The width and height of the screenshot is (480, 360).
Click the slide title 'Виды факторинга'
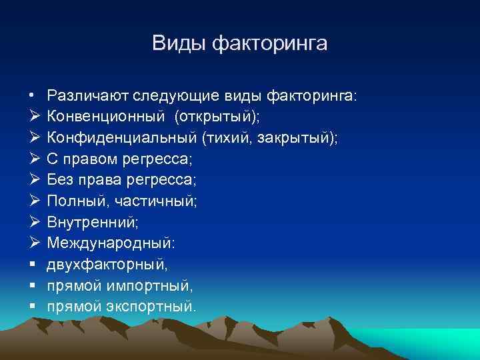pos(240,43)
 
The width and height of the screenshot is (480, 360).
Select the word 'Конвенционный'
pos(105,117)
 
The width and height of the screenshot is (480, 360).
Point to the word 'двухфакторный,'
pos(107,265)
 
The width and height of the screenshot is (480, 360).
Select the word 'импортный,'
pos(151,287)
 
